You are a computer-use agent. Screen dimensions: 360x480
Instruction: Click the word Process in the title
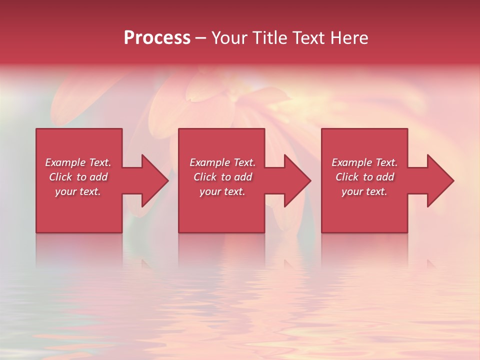[157, 38]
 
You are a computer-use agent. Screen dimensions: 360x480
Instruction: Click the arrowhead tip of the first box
[167, 180]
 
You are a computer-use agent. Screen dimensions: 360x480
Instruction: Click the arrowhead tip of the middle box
[310, 180]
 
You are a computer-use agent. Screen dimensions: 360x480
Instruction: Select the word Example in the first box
[65, 162]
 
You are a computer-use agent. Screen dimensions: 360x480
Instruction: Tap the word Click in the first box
[60, 177]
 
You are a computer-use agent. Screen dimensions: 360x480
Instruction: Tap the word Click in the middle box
[205, 177]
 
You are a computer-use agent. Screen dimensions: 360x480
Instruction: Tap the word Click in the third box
[347, 177]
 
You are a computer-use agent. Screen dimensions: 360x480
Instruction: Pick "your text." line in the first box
[78, 191]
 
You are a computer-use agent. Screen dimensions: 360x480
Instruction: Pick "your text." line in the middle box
[222, 191]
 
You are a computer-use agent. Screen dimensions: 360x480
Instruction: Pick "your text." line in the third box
[364, 191]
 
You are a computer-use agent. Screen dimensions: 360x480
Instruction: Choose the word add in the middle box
[243, 177]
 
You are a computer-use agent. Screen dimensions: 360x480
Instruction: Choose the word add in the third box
[385, 177]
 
